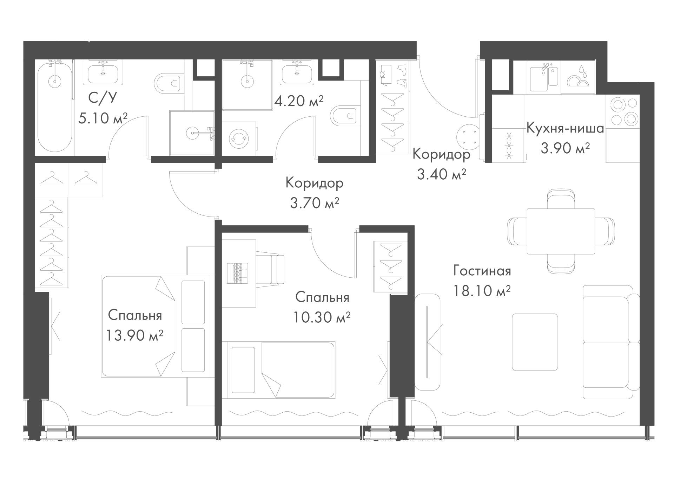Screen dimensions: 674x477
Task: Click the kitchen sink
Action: click(x=543, y=77)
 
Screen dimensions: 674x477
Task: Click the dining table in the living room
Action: click(x=561, y=231)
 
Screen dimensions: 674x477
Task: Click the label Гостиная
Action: click(x=482, y=271)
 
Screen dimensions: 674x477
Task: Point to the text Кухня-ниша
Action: click(x=565, y=128)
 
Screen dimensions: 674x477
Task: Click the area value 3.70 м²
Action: click(x=315, y=203)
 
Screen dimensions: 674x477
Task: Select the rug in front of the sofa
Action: click(x=535, y=342)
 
